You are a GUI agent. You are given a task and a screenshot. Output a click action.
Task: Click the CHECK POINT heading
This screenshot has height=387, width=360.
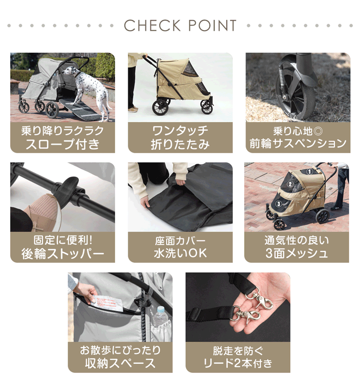[180, 26]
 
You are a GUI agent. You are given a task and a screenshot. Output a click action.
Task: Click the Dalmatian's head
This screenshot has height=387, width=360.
[69, 72]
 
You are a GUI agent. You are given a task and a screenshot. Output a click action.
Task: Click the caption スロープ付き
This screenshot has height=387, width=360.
[63, 144]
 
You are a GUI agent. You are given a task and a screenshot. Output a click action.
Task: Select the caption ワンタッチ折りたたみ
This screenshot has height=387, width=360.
[180, 138]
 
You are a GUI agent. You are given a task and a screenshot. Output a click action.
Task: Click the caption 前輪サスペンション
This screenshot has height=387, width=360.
[298, 143]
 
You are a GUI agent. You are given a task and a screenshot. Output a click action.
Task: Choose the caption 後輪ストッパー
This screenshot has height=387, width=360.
[63, 254]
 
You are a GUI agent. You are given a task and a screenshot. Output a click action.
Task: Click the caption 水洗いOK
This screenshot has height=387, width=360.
[180, 253]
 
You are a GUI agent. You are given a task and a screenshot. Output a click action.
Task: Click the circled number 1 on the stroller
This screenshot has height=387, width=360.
[309, 171]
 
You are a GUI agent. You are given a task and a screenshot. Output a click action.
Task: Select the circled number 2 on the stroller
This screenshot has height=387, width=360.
[290, 184]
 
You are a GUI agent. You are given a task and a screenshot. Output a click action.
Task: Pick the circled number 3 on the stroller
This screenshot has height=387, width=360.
[279, 204]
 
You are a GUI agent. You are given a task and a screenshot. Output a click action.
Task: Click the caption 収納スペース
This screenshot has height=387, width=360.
[120, 363]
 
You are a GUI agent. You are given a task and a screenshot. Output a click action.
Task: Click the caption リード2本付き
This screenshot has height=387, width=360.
[238, 363]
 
